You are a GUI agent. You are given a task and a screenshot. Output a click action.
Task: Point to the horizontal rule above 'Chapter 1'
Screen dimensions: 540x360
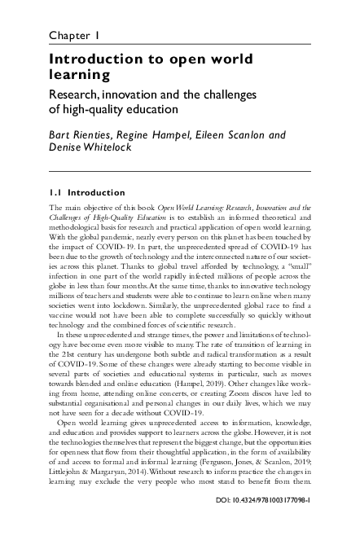pyautogui.click(x=179, y=22)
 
